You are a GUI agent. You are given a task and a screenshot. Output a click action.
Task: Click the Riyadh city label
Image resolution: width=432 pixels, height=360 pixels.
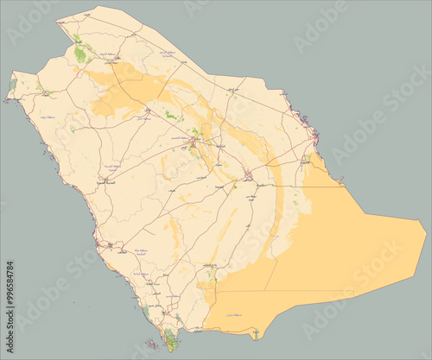(x=249, y=176)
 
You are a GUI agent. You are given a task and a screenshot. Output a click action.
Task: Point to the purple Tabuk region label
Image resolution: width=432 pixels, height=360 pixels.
(x=46, y=114)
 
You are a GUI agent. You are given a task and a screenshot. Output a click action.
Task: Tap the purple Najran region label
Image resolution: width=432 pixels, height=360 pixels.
(x=235, y=319)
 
